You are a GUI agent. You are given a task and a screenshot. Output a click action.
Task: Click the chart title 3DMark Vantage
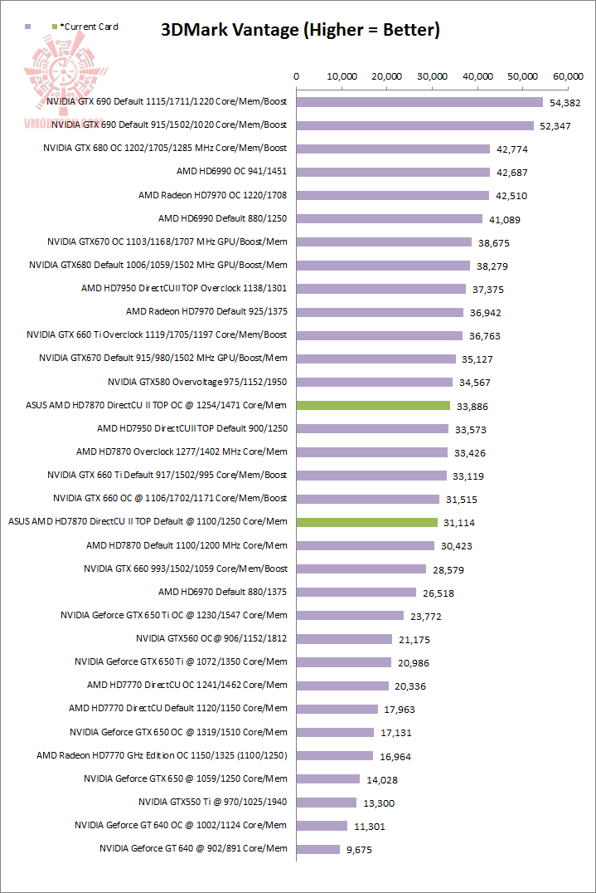coord(299,31)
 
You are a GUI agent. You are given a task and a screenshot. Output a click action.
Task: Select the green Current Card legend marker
coord(55,27)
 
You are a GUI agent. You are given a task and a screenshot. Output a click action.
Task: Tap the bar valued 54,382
coord(419,102)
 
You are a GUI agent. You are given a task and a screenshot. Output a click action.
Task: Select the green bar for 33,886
coord(373,406)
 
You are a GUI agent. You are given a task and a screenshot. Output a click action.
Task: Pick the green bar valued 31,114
coord(367,522)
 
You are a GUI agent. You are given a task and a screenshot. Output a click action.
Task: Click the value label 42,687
coord(511,173)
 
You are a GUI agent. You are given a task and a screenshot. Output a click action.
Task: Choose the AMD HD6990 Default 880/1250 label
coord(222,218)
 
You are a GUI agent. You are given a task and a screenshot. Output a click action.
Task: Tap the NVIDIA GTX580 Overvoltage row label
coord(197,382)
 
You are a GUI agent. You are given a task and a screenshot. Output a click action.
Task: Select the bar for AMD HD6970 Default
coord(356,592)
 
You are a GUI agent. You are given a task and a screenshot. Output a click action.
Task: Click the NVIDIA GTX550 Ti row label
coord(212,802)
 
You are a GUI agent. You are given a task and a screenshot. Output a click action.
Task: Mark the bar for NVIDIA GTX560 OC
coord(344,639)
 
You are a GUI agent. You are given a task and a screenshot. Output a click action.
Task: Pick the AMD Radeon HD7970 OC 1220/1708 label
coord(212,195)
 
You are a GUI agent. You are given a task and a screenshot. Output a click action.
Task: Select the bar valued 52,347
coord(415,125)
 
